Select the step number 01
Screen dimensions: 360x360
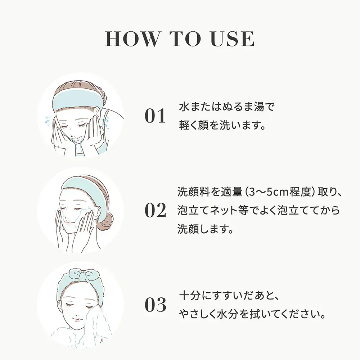(155, 116)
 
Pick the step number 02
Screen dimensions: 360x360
(155, 210)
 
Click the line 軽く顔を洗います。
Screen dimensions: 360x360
(222, 125)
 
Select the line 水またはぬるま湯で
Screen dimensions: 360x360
(226, 107)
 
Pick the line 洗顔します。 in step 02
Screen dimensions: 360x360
(205, 229)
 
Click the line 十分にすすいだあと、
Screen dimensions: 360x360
(229, 296)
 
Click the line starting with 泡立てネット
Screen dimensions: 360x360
(258, 211)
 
